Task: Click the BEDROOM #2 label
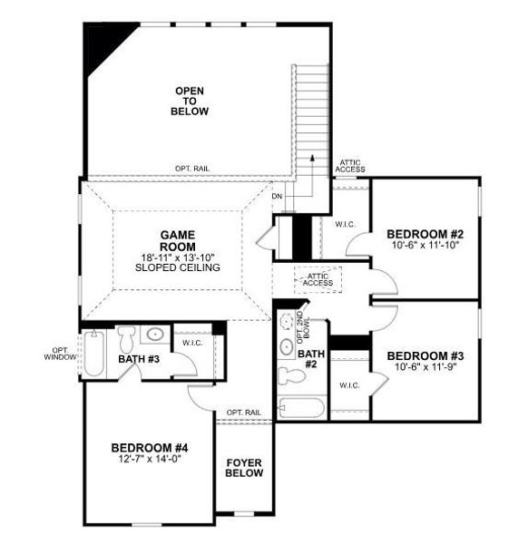[425, 231]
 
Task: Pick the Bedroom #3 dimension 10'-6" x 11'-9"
[425, 369]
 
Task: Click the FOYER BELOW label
[244, 467]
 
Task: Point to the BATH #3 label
[139, 360]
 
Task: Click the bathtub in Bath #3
[95, 354]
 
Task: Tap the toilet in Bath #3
[128, 338]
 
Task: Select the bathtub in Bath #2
[302, 407]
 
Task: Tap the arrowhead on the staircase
[313, 158]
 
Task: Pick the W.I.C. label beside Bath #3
[191, 343]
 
